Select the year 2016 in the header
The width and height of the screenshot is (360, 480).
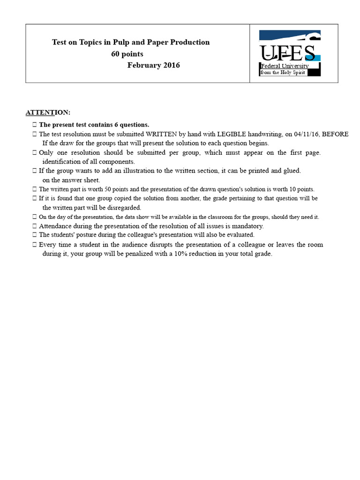click(x=171, y=65)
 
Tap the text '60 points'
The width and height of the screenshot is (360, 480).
click(x=127, y=54)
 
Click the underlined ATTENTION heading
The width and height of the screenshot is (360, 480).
click(x=48, y=112)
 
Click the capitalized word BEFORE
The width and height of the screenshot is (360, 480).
click(x=336, y=134)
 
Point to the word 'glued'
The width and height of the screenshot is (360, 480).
click(x=292, y=171)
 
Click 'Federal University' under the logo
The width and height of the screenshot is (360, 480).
click(x=285, y=66)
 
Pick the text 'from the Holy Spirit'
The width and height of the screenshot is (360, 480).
click(x=283, y=73)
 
